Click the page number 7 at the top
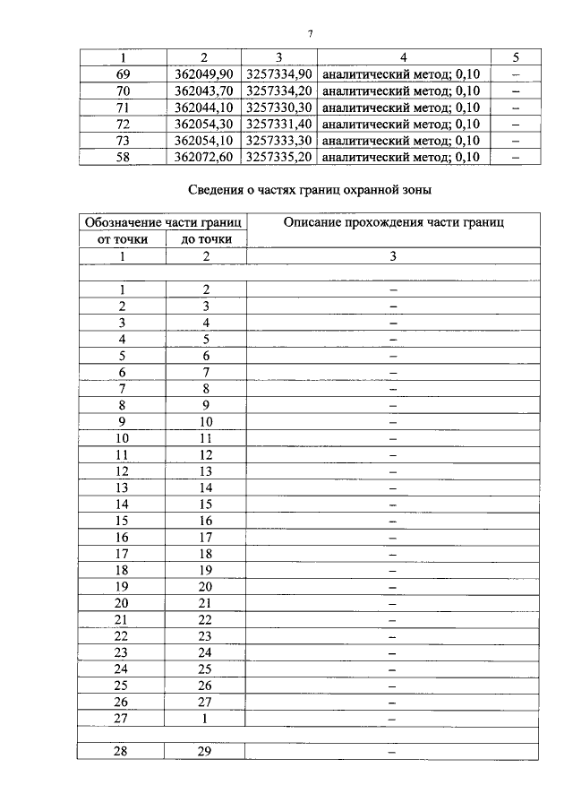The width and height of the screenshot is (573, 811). (x=310, y=34)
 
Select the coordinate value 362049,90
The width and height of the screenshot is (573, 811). (x=204, y=74)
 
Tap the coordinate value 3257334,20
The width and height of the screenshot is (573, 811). (x=279, y=91)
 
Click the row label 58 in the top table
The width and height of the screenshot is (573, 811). (x=124, y=156)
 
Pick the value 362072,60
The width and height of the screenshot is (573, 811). (x=204, y=156)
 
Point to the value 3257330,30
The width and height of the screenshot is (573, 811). (x=279, y=107)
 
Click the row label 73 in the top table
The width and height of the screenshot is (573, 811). (x=124, y=140)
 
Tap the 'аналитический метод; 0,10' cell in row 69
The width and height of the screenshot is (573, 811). (x=401, y=74)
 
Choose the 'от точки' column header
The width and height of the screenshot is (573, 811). (x=124, y=239)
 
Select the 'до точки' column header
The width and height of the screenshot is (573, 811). (x=206, y=239)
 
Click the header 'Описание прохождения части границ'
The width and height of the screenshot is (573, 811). (x=393, y=223)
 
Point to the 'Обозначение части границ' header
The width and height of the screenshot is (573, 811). (x=165, y=223)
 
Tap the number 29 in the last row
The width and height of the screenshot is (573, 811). (x=206, y=752)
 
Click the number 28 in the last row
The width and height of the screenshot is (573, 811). (x=124, y=752)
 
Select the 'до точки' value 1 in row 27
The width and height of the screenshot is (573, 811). (x=206, y=719)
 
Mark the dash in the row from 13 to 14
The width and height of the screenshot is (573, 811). (x=393, y=487)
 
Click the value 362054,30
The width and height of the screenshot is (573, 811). (x=204, y=124)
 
